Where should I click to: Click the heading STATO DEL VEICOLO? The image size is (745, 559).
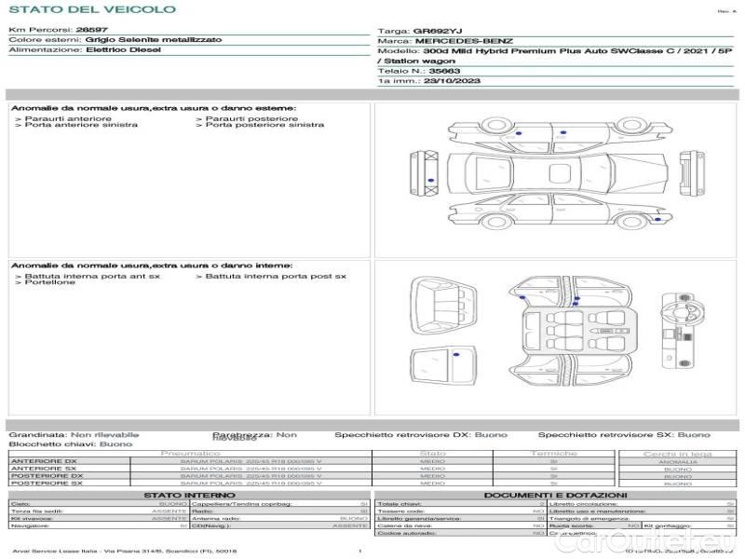click(x=91, y=9)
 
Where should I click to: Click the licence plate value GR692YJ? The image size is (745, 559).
click(x=437, y=31)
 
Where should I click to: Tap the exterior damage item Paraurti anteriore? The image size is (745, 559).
click(x=68, y=119)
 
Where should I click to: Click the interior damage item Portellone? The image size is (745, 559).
click(x=50, y=282)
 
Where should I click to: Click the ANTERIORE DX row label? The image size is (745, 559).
click(x=44, y=461)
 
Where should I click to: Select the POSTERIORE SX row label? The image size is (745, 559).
click(x=44, y=484)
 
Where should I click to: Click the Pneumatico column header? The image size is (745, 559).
click(x=191, y=454)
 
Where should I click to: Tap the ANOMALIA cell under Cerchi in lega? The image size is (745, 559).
click(x=678, y=461)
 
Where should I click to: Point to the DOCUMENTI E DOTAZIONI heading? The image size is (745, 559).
click(x=555, y=495)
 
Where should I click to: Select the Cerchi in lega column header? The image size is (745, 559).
click(x=678, y=454)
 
